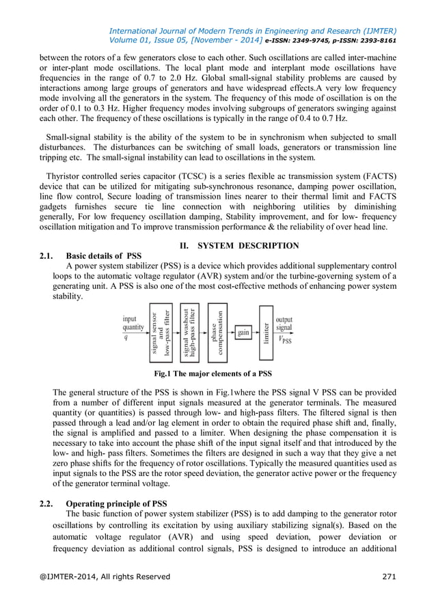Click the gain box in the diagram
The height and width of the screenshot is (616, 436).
click(x=243, y=333)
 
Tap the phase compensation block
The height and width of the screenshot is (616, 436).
click(x=218, y=333)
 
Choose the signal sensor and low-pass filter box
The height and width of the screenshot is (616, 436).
click(x=161, y=333)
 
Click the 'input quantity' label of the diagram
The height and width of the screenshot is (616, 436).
click(x=133, y=323)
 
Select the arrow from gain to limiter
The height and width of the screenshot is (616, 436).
click(x=255, y=333)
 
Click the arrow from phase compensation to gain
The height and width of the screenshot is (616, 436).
click(x=231, y=333)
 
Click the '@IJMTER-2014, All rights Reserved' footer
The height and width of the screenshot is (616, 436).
click(x=105, y=576)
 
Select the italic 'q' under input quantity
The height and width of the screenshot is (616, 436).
click(x=125, y=338)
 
